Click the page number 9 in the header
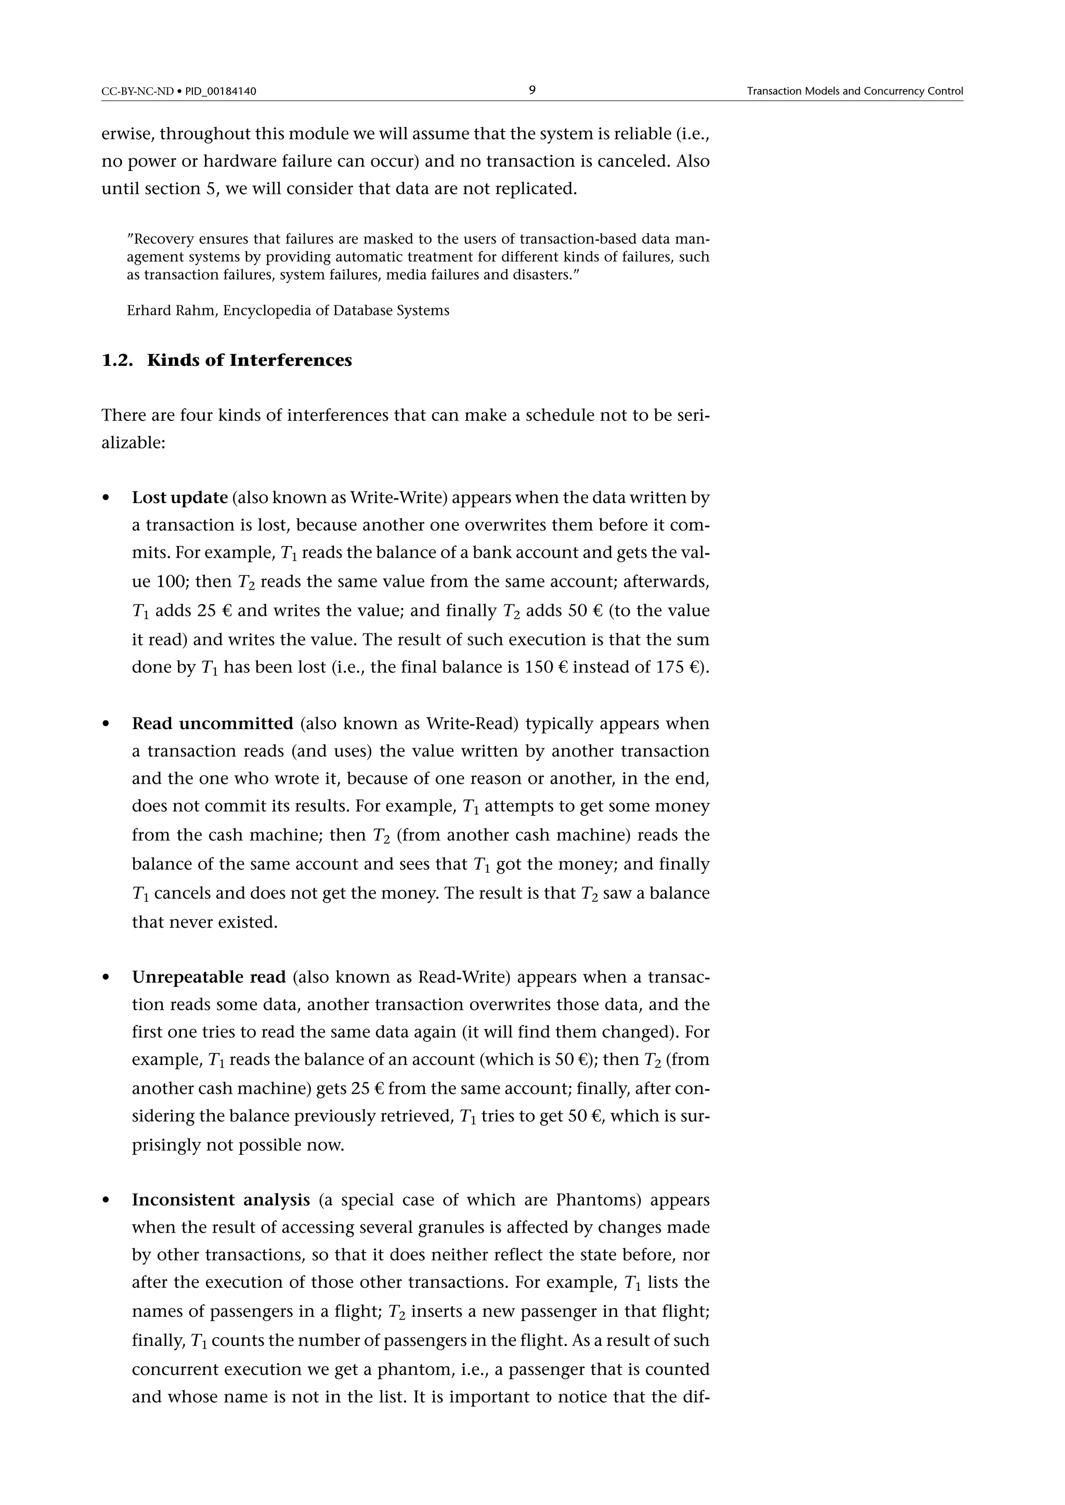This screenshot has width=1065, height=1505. click(532, 90)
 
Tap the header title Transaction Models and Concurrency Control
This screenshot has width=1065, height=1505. click(854, 91)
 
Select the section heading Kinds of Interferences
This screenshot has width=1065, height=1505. click(249, 361)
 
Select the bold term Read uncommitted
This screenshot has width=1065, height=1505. click(213, 724)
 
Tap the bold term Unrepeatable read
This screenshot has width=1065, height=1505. click(209, 978)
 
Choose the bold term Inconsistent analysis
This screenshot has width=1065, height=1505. click(220, 1199)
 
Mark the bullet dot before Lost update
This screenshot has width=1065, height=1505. click(106, 499)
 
